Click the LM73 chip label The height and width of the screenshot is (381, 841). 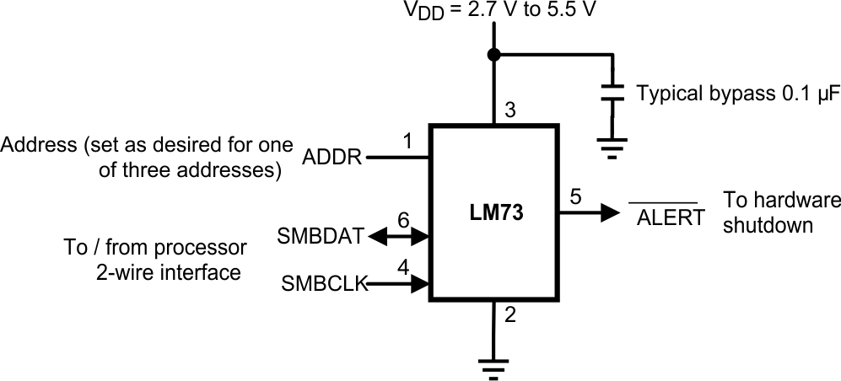pyautogui.click(x=497, y=214)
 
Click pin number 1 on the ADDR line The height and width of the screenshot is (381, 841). pyautogui.click(x=407, y=142)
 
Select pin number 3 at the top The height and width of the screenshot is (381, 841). pyautogui.click(x=509, y=110)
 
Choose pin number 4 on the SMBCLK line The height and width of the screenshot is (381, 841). pyautogui.click(x=403, y=268)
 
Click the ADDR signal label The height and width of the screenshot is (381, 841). pyautogui.click(x=332, y=158)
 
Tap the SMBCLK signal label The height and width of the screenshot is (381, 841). pyautogui.click(x=323, y=285)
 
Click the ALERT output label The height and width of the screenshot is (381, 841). pyautogui.click(x=670, y=218)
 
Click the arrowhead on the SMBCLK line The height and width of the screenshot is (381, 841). pyautogui.click(x=418, y=285)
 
